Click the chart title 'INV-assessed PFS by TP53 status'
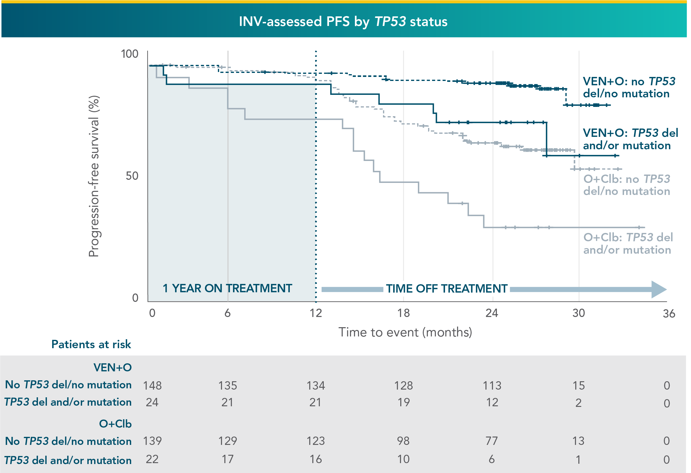coord(343,22)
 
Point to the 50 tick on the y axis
coord(132,176)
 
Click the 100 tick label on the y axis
coord(129,54)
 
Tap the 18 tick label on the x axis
coord(403,313)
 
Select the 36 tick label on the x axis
coord(669,314)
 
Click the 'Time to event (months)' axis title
coord(405,332)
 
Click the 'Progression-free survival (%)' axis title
coord(94,176)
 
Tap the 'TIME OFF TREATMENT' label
coord(447,289)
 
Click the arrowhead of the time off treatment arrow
coord(659,289)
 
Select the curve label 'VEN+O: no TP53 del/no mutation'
coord(628,87)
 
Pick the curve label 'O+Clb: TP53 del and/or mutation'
coord(627,243)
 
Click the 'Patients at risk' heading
coord(91,344)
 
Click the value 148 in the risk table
coord(152,386)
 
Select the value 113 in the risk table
coord(492,386)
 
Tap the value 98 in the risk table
coord(403,441)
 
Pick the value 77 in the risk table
coord(492,441)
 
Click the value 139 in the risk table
coord(152,441)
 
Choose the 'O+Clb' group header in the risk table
coord(115,424)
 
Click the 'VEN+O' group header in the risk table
coord(112,367)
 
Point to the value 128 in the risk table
coord(403,386)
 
